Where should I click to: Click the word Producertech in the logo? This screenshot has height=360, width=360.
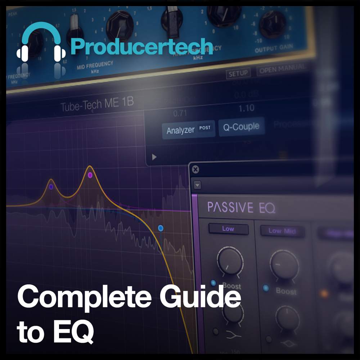[141, 47]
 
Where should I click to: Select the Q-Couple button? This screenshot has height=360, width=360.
[241, 127]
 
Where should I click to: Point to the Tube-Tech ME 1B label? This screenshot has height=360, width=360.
[97, 104]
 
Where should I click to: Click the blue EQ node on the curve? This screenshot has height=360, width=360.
[161, 228]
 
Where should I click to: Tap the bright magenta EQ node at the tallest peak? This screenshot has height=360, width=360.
[90, 175]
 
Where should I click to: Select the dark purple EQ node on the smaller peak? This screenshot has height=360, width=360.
[51, 187]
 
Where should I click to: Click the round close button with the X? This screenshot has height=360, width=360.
[195, 170]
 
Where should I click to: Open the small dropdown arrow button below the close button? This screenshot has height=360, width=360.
[197, 185]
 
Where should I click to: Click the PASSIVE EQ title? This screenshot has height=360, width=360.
[241, 207]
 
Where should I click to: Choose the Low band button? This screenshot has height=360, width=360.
[228, 229]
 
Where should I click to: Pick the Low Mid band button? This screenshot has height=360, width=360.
[282, 231]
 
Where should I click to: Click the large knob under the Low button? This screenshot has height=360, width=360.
[229, 260]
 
